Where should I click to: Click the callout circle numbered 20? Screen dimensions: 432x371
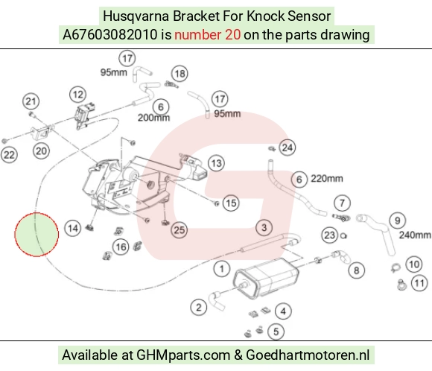click(x=41, y=150)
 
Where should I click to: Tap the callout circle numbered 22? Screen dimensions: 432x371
click(x=9, y=155)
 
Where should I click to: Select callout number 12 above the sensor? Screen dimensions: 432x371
click(x=77, y=95)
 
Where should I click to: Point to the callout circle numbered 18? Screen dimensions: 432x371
click(x=180, y=74)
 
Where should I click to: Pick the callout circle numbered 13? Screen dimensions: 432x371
click(x=216, y=163)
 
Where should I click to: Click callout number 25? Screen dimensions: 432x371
click(x=180, y=230)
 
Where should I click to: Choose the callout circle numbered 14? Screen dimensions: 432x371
click(x=73, y=228)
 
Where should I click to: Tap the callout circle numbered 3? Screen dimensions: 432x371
click(x=264, y=227)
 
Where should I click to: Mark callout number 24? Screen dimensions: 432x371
click(x=287, y=148)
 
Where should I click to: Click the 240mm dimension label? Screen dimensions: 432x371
click(x=415, y=235)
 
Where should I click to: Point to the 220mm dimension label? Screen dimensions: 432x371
click(x=327, y=178)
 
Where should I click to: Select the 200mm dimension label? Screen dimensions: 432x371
click(x=153, y=118)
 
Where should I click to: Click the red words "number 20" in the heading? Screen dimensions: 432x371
click(x=208, y=35)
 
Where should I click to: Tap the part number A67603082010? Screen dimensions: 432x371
click(x=110, y=35)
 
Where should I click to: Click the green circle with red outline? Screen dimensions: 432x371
click(x=36, y=235)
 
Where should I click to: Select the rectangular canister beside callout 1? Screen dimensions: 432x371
click(x=266, y=279)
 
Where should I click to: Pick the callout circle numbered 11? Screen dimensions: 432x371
click(x=419, y=283)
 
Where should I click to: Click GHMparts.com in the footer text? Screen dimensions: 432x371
click(x=183, y=355)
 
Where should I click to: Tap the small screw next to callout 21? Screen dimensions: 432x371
click(x=32, y=114)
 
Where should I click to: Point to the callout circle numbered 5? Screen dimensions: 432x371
click(x=276, y=332)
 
